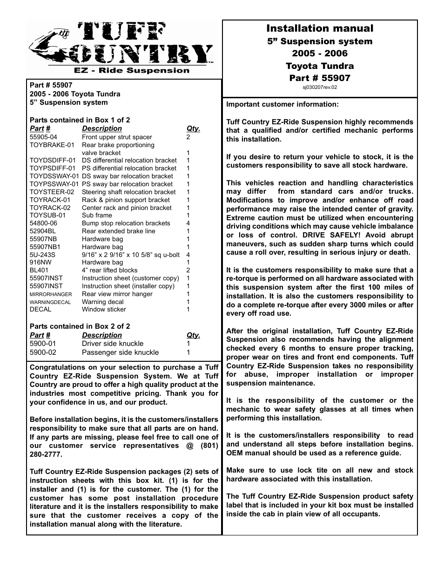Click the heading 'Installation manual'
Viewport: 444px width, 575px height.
point(319,28)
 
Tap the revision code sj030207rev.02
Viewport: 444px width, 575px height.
point(319,87)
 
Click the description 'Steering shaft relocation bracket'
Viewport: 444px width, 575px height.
point(128,192)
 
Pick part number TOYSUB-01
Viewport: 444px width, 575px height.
point(47,215)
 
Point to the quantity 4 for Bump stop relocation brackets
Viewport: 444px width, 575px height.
point(188,223)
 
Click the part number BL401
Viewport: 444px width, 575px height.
point(39,270)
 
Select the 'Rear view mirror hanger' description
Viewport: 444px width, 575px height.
point(117,294)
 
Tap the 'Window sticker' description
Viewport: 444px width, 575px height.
point(104,309)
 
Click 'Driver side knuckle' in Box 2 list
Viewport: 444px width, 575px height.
point(113,344)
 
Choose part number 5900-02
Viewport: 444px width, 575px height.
point(43,352)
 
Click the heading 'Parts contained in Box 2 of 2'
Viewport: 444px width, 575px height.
point(80,326)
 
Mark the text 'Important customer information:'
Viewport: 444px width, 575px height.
point(283,104)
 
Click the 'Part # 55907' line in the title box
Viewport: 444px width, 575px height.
point(319,78)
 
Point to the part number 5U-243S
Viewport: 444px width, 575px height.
point(42,255)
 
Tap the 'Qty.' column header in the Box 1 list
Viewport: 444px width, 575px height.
point(193,129)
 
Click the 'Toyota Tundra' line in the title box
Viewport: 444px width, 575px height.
point(319,66)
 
